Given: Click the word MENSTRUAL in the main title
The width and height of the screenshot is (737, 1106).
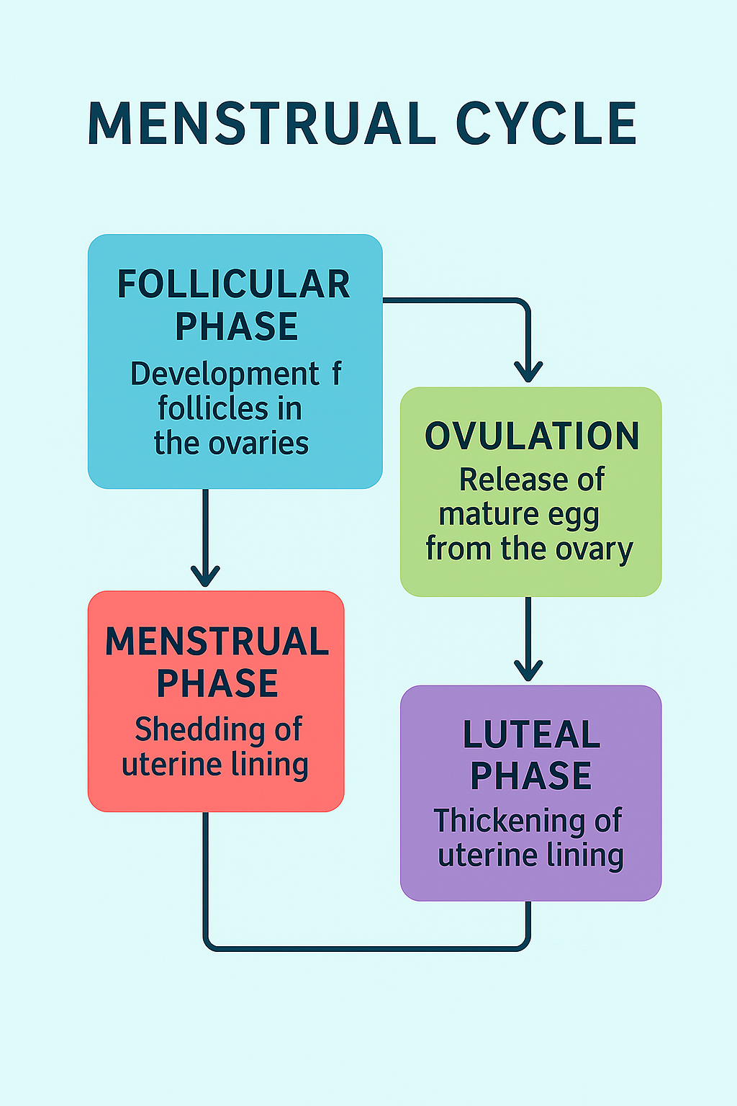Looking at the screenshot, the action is [262, 123].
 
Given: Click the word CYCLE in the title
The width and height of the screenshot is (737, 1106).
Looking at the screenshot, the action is [546, 123].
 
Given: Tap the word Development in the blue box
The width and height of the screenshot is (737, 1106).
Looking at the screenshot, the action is [225, 374].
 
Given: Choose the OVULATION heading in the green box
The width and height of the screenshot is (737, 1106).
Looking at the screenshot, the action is [532, 436].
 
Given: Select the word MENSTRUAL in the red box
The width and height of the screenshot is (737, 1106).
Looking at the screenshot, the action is [217, 642].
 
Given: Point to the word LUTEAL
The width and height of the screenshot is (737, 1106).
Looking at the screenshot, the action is [531, 734].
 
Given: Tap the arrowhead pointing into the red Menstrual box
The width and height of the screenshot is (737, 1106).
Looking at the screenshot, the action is [205, 576].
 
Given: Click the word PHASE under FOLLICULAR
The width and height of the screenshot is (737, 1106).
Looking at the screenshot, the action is [237, 326].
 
